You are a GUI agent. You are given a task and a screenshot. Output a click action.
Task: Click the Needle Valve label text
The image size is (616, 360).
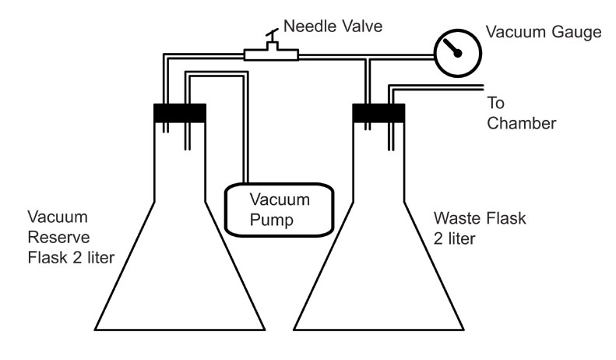(333, 26)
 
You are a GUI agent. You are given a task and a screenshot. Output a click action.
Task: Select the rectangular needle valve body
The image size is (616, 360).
(271, 54)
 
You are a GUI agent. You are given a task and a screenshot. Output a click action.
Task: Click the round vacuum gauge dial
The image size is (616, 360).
(458, 53)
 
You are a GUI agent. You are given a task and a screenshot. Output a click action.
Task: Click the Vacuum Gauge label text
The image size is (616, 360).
(544, 32)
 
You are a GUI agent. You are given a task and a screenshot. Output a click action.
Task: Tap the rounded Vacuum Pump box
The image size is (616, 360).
(280, 210)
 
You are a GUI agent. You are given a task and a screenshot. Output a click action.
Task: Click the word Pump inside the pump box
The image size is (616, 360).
(272, 220)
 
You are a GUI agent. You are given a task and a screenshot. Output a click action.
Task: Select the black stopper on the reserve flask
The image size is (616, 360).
(180, 113)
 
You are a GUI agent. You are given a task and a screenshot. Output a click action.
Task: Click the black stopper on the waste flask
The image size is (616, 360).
(378, 113)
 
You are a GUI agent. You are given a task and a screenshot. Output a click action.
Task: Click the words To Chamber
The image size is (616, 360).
(521, 113)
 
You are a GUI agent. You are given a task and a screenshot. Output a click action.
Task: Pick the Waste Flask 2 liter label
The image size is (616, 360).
(480, 228)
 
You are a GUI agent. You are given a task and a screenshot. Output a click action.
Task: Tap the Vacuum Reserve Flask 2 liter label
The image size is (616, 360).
(71, 238)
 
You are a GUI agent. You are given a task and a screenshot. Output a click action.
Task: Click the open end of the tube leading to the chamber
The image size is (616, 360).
(482, 87)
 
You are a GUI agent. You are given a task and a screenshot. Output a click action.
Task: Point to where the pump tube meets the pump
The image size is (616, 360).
(246, 183)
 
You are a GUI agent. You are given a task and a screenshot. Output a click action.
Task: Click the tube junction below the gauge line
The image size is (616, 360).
(368, 58)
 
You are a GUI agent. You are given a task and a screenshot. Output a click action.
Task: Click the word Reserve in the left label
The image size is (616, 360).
(59, 238)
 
